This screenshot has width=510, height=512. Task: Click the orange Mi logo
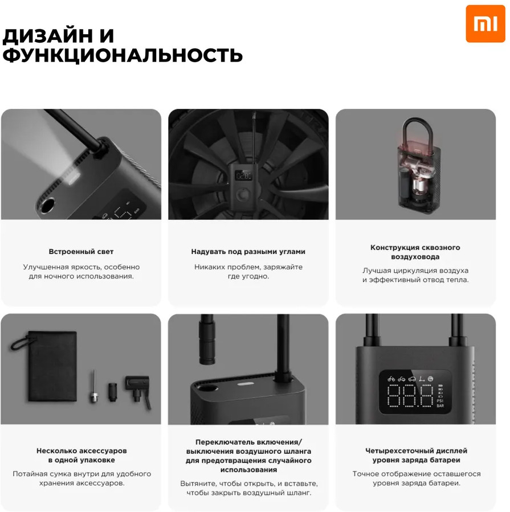tap(485, 23)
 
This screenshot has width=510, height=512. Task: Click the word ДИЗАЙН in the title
tap(47, 36)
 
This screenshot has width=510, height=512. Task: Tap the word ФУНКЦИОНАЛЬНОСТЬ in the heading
tap(123, 55)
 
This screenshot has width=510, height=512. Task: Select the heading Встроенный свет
tap(81, 252)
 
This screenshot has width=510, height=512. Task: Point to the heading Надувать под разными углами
tap(248, 252)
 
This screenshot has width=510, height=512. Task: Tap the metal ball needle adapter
tap(94, 387)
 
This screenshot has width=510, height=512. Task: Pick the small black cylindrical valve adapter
tap(113, 392)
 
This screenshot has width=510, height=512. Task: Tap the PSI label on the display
tap(440, 400)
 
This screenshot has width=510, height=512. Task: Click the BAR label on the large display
tap(440, 406)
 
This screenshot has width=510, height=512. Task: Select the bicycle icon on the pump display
tap(391, 379)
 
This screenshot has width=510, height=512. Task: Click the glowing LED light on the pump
tap(74, 178)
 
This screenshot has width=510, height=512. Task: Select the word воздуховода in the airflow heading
tap(415, 257)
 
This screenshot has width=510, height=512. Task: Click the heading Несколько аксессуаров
tap(81, 451)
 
